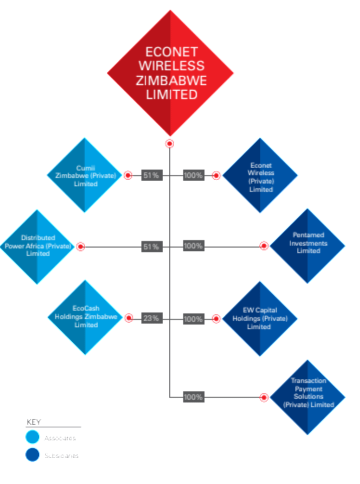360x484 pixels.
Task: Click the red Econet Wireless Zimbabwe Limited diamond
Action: coord(170,73)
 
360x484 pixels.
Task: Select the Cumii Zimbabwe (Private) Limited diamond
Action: coord(84,175)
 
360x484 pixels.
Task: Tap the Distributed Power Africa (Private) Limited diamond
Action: coord(37,246)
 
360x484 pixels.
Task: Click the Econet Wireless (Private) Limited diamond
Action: coord(260,176)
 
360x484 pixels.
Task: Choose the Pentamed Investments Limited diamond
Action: coord(307,246)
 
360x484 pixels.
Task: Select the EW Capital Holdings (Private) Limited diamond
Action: coord(259,318)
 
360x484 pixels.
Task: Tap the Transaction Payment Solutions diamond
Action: coord(307,397)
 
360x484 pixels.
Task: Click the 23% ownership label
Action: coord(151,318)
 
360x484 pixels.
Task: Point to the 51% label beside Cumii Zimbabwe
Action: coord(151,175)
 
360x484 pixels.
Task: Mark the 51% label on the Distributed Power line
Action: coord(151,246)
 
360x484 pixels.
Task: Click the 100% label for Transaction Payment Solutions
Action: coord(193,397)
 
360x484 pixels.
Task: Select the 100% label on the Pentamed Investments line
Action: coord(193,246)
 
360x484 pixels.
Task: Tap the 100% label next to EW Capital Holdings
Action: coord(193,318)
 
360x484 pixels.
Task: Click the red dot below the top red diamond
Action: coord(169,144)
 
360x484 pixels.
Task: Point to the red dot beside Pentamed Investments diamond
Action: coord(264,246)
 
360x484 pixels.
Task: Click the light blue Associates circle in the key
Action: coord(32,437)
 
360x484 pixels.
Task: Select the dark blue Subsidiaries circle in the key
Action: coord(32,455)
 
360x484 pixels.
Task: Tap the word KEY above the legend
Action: coord(33,422)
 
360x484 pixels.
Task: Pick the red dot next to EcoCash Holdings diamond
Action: coord(128,318)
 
